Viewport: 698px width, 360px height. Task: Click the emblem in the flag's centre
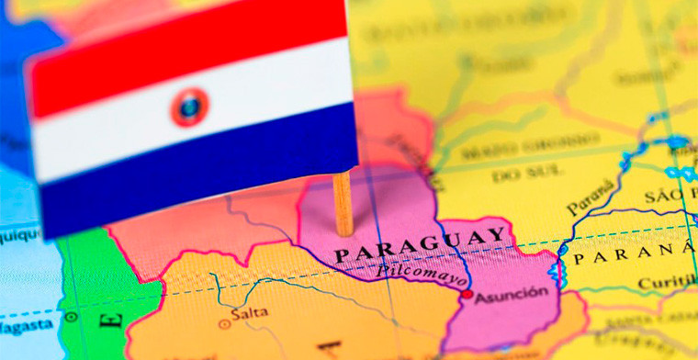pyautogui.click(x=189, y=107)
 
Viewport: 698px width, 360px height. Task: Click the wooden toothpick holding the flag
pyautogui.click(x=343, y=204)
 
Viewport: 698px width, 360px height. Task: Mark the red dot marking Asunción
pyautogui.click(x=467, y=295)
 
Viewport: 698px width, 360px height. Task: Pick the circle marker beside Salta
pyautogui.click(x=223, y=323)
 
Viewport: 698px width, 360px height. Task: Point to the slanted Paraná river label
pyautogui.click(x=590, y=195)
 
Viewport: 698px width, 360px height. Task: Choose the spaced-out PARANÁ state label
pyautogui.click(x=634, y=254)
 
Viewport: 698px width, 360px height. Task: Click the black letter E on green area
pyautogui.click(x=112, y=321)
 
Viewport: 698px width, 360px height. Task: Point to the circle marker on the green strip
pyautogui.click(x=71, y=317)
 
